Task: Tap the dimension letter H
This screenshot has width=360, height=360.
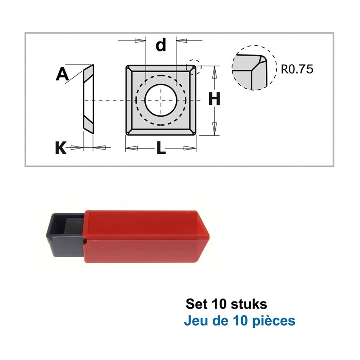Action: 214,99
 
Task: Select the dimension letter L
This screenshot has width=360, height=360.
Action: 161,148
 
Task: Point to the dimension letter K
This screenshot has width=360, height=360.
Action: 61,148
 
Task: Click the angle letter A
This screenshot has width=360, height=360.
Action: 62,74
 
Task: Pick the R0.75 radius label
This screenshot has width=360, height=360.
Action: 297,69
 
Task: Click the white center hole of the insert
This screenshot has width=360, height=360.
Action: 161,100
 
